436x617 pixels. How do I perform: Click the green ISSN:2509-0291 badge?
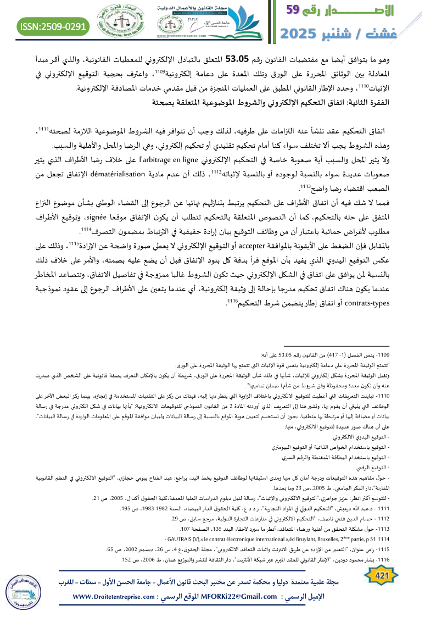(x=54, y=26)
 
